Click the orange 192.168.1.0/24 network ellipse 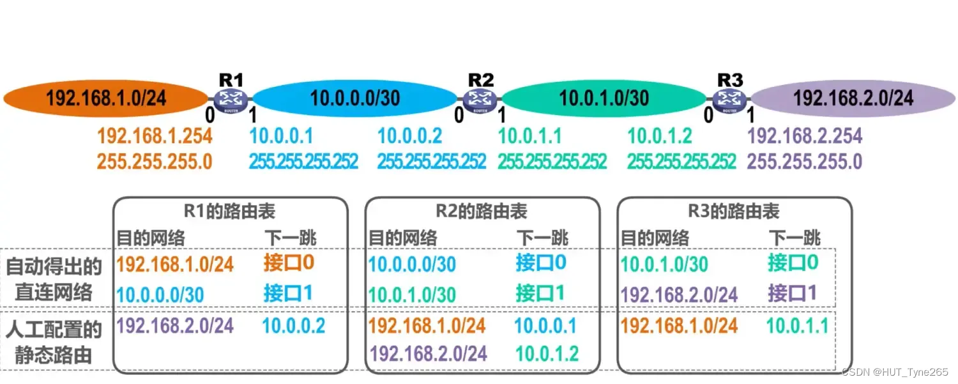[x=105, y=98]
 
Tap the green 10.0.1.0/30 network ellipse [x=604, y=98]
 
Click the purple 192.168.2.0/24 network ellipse [x=853, y=98]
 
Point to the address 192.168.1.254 [x=155, y=136]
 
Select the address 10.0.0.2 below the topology [x=409, y=136]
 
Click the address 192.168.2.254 [x=805, y=136]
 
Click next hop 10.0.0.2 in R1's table [x=293, y=326]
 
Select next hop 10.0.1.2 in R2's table [x=546, y=353]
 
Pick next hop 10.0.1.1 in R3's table [x=797, y=326]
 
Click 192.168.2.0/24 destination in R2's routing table [x=429, y=353]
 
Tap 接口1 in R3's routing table [x=793, y=293]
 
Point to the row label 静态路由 [x=54, y=355]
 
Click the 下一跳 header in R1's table [x=291, y=238]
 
